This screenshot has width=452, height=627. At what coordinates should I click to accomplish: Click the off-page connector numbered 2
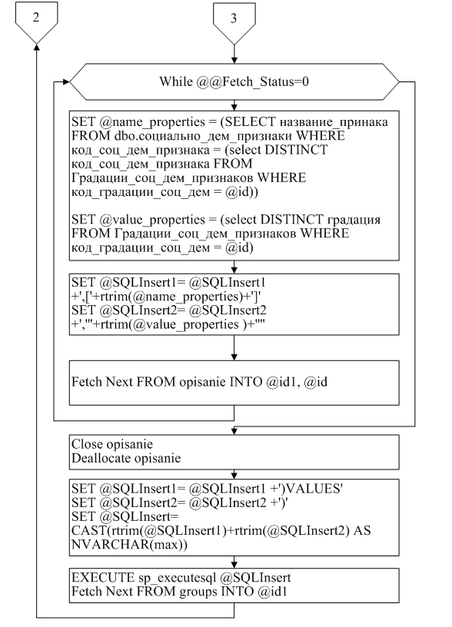pos(36,22)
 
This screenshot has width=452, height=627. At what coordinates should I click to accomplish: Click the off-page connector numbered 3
pos(234,23)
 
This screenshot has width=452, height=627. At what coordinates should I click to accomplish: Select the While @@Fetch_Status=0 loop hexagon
pos(234,81)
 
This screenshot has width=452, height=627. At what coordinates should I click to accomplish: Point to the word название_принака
pos(334,122)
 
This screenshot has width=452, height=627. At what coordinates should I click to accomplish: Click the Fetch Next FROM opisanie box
pos(234,383)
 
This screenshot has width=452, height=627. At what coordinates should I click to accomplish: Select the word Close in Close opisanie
pos(86,444)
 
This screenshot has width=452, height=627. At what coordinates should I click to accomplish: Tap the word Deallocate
pos(101,458)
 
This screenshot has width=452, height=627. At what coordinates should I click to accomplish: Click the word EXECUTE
pos(103,577)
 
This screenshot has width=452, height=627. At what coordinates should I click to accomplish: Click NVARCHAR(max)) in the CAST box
pos(129,545)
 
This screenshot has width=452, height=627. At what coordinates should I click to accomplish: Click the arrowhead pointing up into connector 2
pos(36,47)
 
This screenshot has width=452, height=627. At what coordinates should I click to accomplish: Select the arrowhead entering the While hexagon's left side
pos(66,82)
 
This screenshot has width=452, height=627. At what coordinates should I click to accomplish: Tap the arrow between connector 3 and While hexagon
pos(234,54)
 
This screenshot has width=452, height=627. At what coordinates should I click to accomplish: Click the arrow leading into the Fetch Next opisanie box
pos(234,347)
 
